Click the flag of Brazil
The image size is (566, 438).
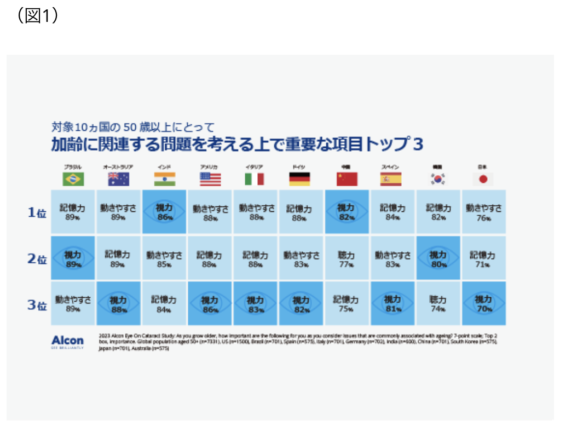click(73, 179)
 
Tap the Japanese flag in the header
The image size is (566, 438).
click(483, 179)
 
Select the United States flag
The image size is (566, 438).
click(210, 179)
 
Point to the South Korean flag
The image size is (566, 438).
click(438, 179)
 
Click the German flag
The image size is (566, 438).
click(301, 179)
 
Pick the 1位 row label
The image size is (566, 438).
click(37, 213)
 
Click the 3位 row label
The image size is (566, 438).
click(37, 304)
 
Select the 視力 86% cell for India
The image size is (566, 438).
click(164, 212)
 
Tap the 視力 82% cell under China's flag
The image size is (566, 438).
click(346, 212)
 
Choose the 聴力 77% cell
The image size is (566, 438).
click(346, 258)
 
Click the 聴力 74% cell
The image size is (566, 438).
click(438, 304)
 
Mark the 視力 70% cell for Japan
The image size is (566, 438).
click(483, 304)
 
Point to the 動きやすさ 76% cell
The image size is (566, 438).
click(483, 212)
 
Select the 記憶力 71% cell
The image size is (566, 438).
click(483, 258)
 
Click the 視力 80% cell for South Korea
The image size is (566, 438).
click(438, 258)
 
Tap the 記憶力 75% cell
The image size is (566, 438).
click(346, 304)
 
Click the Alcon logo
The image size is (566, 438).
click(68, 341)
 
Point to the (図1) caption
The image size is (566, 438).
click(38, 16)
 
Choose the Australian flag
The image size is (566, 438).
click(119, 179)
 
